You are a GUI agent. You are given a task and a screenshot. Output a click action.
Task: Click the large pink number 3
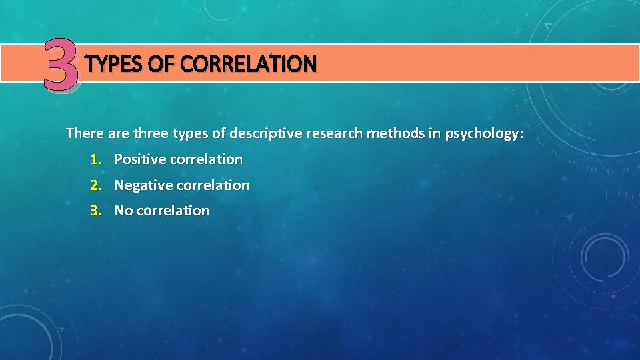62,64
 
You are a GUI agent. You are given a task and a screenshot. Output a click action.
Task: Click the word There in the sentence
84,133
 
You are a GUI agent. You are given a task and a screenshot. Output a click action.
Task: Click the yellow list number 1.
96,159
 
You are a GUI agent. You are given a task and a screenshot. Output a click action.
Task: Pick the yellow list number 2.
96,185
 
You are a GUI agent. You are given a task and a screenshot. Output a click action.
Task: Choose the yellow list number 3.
96,211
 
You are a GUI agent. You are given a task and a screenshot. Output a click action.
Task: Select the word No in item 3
123,211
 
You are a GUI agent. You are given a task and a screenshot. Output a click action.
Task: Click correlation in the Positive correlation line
206,159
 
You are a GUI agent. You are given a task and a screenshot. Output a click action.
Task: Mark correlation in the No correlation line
173,211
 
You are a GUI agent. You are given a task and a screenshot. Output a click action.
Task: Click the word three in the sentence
151,133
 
